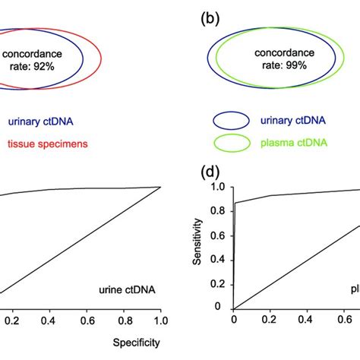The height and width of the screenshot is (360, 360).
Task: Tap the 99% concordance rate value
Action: coord(283,66)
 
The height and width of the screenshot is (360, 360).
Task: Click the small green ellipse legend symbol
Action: coord(232,142)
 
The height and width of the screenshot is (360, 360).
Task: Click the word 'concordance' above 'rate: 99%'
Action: coord(283,52)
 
